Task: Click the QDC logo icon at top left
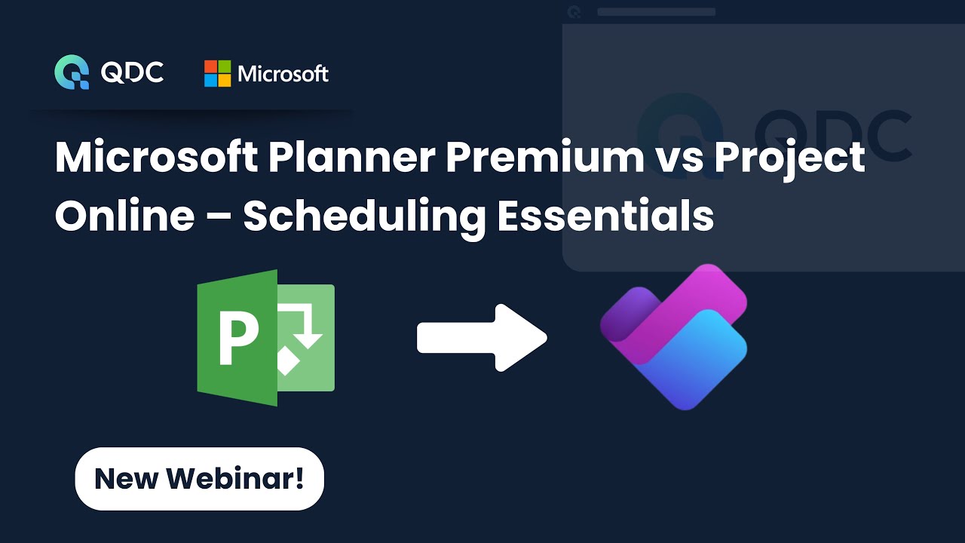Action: [x=72, y=72]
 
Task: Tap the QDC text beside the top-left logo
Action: [x=133, y=72]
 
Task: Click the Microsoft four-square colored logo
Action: [x=217, y=73]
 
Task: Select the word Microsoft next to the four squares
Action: [x=283, y=73]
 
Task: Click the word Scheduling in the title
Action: [x=363, y=216]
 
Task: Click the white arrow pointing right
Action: [x=482, y=338]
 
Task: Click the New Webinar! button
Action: [x=199, y=478]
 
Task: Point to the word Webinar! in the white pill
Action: [x=234, y=478]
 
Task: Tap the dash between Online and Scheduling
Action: [x=219, y=216]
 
